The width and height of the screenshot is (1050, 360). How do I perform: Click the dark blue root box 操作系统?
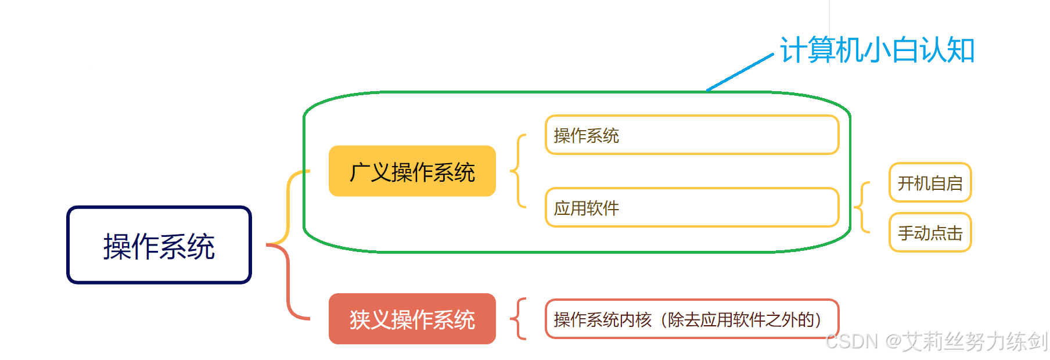pos(159,245)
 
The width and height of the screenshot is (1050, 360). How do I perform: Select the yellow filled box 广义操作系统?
pos(412,171)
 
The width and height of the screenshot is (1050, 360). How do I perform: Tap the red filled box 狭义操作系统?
pos(412,319)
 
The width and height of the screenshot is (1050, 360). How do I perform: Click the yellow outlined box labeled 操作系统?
pos(691,135)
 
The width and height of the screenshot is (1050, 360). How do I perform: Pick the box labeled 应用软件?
pos(691,207)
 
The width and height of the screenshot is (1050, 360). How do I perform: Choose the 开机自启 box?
pos(930,183)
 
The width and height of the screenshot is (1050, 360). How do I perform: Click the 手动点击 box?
pos(930,233)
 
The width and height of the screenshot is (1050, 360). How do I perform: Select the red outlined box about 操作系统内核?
pos(691,319)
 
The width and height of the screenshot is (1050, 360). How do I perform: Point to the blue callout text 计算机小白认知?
pos(877,50)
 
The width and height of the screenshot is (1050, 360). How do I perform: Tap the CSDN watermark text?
pos(936,341)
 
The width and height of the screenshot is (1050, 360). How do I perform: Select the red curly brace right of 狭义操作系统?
pos(519,319)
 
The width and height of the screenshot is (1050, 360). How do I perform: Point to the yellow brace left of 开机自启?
pos(862,207)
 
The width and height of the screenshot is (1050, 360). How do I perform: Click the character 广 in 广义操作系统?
pos(359,172)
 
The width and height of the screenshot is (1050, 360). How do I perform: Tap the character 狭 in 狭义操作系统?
pos(359,320)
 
